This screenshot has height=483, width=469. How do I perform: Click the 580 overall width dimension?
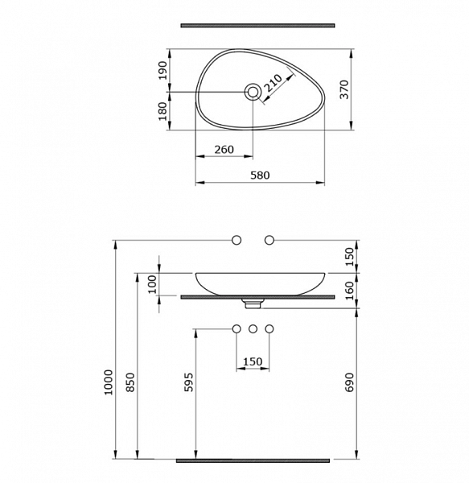pos(260,175)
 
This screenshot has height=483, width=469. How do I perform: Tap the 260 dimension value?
pos(224,150)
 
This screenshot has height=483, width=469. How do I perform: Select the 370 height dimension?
pos(344,89)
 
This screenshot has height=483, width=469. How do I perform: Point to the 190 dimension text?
pos(163,71)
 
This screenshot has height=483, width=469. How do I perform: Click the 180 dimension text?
pos(163,111)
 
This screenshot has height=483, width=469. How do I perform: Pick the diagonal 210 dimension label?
pos(274,83)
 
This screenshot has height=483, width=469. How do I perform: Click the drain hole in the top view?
pos(253,92)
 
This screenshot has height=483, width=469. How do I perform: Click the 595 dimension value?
pos(189,382)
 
